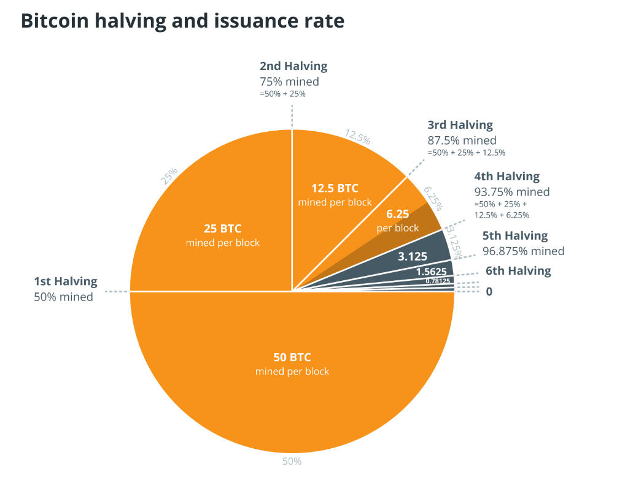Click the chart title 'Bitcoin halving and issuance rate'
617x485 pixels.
pos(182,21)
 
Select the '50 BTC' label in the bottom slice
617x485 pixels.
pos(292,357)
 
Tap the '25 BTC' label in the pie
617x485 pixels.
pos(222,229)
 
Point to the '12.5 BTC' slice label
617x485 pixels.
pos(335,188)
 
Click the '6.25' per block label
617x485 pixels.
pos(398,215)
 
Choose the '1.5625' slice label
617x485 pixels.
pos(430,271)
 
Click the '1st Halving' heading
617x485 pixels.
pos(66,281)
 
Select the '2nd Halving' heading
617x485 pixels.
pos(293,66)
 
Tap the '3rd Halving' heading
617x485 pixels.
pos(460,125)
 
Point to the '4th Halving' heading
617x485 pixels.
pos(506,177)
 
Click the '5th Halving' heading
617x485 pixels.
pos(515,235)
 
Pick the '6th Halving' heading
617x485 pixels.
pos(518,270)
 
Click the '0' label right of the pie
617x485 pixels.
pos(489,292)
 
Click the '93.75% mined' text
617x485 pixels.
pos(512,191)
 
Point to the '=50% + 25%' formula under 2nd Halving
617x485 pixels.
pos(283,94)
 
